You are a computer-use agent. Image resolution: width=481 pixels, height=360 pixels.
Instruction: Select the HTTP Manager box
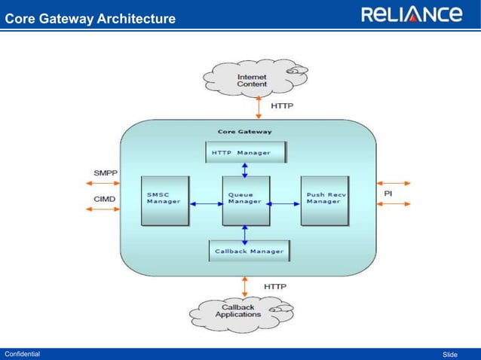pyautogui.click(x=246, y=153)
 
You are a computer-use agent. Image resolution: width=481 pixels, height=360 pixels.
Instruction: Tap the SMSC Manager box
pyautogui.click(x=164, y=200)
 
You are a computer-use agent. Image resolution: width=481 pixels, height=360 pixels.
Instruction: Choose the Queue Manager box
pyautogui.click(x=245, y=200)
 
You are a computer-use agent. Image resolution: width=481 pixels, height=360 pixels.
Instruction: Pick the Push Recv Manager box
pyautogui.click(x=324, y=200)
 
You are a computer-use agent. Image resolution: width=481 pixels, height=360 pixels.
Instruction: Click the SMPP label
pyautogui.click(x=106, y=173)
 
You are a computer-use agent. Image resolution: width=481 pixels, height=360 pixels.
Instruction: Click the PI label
pyautogui.click(x=388, y=194)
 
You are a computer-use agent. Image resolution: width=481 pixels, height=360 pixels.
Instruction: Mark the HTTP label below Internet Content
pyautogui.click(x=282, y=106)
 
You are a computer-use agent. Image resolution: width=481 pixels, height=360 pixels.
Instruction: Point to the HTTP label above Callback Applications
pyautogui.click(x=274, y=286)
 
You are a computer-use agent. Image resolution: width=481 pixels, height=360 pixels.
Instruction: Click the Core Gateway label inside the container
pyautogui.click(x=244, y=131)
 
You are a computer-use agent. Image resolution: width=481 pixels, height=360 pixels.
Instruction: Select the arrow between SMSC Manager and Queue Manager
pyautogui.click(x=204, y=203)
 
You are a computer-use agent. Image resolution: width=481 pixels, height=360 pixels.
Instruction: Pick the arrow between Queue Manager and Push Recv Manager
pyautogui.click(x=285, y=203)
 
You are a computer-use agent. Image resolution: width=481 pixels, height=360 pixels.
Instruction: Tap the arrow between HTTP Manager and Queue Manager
pyautogui.click(x=244, y=169)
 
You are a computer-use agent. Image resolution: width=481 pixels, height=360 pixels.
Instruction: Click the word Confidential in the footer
pyautogui.click(x=23, y=354)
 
